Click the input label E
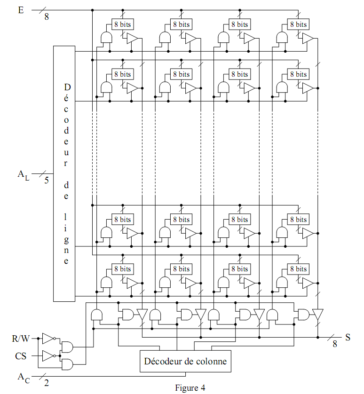[x=21, y=9]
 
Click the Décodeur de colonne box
[x=185, y=361]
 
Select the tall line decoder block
[x=64, y=173]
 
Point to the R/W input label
[x=21, y=338]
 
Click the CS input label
[x=20, y=356]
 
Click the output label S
[x=348, y=337]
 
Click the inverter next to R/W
[x=48, y=338]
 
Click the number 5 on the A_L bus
[x=46, y=180]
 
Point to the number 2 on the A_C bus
[x=46, y=382]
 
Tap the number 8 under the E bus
[x=46, y=17]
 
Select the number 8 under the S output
[x=334, y=344]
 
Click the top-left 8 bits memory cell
[x=122, y=24]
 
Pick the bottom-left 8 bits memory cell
[x=122, y=268]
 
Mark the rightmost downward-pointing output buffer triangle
[x=318, y=314]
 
